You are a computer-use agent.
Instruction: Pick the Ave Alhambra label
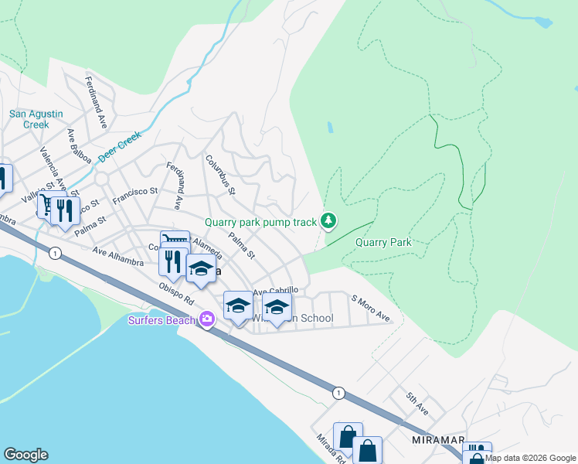pos(117,257)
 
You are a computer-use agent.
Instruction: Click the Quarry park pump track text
pos(260,222)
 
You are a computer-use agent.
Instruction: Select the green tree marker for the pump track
pos(329,222)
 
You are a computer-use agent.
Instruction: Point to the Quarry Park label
pos(383,242)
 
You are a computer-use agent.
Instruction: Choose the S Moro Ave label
pos(370,307)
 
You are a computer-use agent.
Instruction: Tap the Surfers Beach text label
pos(161,319)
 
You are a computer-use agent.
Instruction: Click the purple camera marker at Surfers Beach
pos(206,319)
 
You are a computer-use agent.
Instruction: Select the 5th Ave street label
pos(416,403)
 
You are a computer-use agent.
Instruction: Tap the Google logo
pos(25,455)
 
